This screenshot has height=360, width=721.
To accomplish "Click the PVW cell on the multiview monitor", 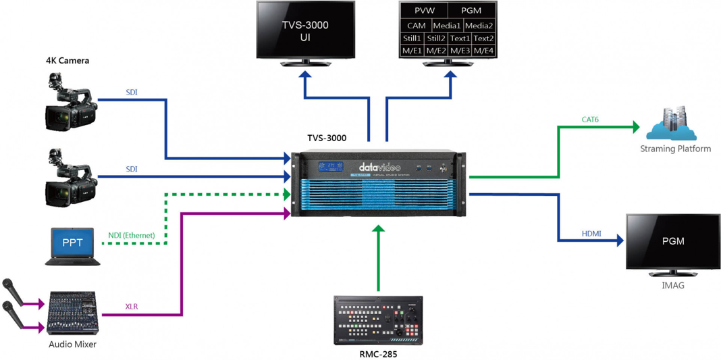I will pyautogui.click(x=425, y=11).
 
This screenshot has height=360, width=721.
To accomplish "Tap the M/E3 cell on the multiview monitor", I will pyautogui.click(x=460, y=51).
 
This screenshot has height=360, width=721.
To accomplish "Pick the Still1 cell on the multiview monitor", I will pyautogui.click(x=412, y=38).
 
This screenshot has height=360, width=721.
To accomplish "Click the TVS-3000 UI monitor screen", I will pyautogui.click(x=305, y=30).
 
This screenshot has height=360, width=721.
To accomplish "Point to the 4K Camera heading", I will pyautogui.click(x=68, y=61).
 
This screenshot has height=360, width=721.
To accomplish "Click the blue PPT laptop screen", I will pyautogui.click(x=72, y=242).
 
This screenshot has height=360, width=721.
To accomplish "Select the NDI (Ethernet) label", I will pyautogui.click(x=132, y=236).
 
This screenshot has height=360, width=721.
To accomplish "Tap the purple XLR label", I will pyautogui.click(x=132, y=307).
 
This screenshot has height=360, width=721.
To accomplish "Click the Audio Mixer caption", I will pyautogui.click(x=72, y=344).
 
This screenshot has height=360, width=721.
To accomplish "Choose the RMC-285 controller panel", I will pyautogui.click(x=378, y=320).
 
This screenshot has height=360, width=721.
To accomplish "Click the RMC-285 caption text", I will pyautogui.click(x=378, y=353).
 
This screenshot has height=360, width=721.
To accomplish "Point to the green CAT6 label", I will pyautogui.click(x=590, y=120).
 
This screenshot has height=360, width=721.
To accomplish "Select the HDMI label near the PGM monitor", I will pyautogui.click(x=591, y=234).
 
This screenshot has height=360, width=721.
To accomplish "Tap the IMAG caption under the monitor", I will pyautogui.click(x=672, y=286).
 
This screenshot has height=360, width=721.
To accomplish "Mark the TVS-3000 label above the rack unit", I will pyautogui.click(x=327, y=138).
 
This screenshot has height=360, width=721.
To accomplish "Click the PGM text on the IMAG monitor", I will pyautogui.click(x=673, y=241).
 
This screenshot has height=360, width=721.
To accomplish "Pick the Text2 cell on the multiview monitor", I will pyautogui.click(x=483, y=38).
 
